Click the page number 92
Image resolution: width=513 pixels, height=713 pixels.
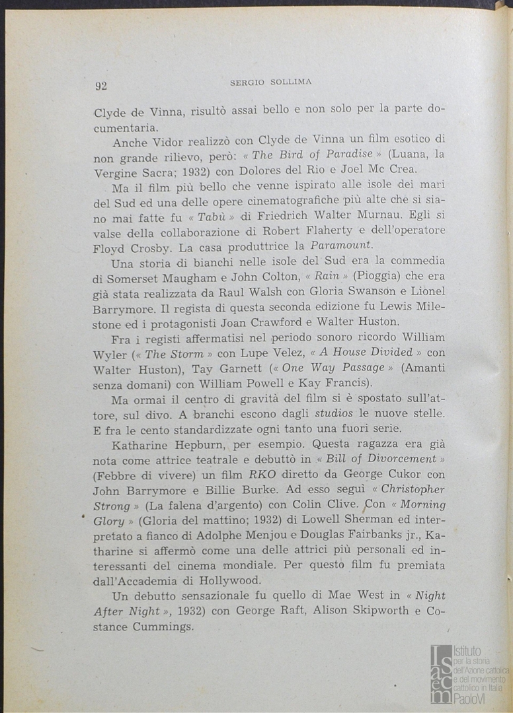pyautogui.click(x=101, y=85)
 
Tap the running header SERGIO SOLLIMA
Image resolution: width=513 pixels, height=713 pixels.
pyautogui.click(x=270, y=83)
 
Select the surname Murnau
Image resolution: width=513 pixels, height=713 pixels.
pyautogui.click(x=379, y=215)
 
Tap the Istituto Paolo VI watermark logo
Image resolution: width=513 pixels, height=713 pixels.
pyautogui.click(x=468, y=673)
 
